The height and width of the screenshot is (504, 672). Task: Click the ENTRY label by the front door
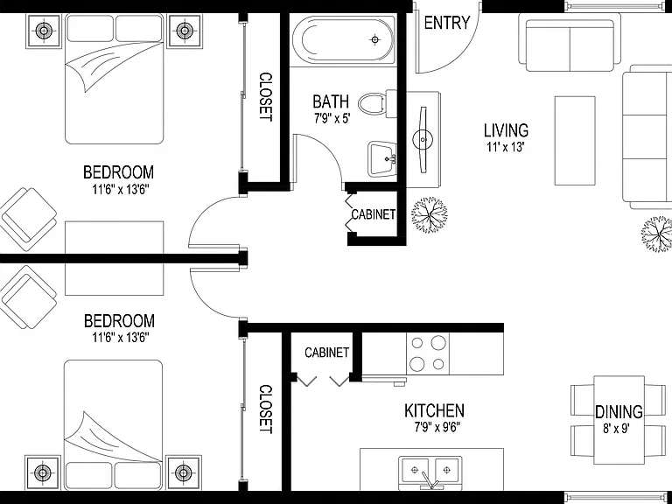coord(447,23)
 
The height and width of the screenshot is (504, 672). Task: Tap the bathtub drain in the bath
coord(375,40)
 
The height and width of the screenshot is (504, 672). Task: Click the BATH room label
coord(331,101)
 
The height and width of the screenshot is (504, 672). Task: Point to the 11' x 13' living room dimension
coord(506,147)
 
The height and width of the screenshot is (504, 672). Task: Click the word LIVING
coord(506,130)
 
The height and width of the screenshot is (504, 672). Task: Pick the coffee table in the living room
coord(575,141)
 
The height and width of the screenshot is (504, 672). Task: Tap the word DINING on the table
coord(619,412)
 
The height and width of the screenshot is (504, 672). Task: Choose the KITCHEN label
coord(434,410)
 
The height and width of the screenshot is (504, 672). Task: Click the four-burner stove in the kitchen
coord(428,353)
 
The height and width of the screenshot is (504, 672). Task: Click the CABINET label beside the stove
coord(326,353)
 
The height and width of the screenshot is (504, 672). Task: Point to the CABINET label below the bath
coord(374,213)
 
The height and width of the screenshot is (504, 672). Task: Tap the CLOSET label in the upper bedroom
coord(266,97)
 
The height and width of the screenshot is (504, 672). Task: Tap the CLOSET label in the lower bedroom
coord(266,409)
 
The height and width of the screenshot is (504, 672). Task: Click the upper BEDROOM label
coord(118,172)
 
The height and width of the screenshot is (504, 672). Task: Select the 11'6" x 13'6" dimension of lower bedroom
coord(121,338)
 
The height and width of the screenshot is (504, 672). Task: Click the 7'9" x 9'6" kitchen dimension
coord(437,427)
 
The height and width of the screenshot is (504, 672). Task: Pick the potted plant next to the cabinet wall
coord(429,214)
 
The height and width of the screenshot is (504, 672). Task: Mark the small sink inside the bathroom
coord(381,159)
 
